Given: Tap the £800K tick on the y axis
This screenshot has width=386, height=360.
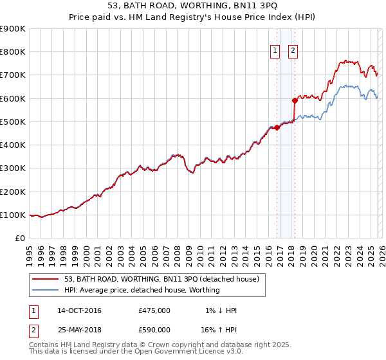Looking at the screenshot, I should [13, 52].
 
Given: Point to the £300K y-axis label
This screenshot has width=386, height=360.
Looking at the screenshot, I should [13, 168].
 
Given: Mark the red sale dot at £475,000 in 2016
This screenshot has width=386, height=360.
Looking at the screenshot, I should [277, 127].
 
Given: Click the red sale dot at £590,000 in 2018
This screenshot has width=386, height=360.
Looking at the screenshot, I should [295, 100].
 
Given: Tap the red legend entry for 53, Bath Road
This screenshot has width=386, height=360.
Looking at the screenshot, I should [161, 279].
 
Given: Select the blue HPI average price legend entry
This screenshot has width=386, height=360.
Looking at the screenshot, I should [142, 290].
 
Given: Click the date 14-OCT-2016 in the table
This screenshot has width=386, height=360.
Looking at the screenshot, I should [79, 310].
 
